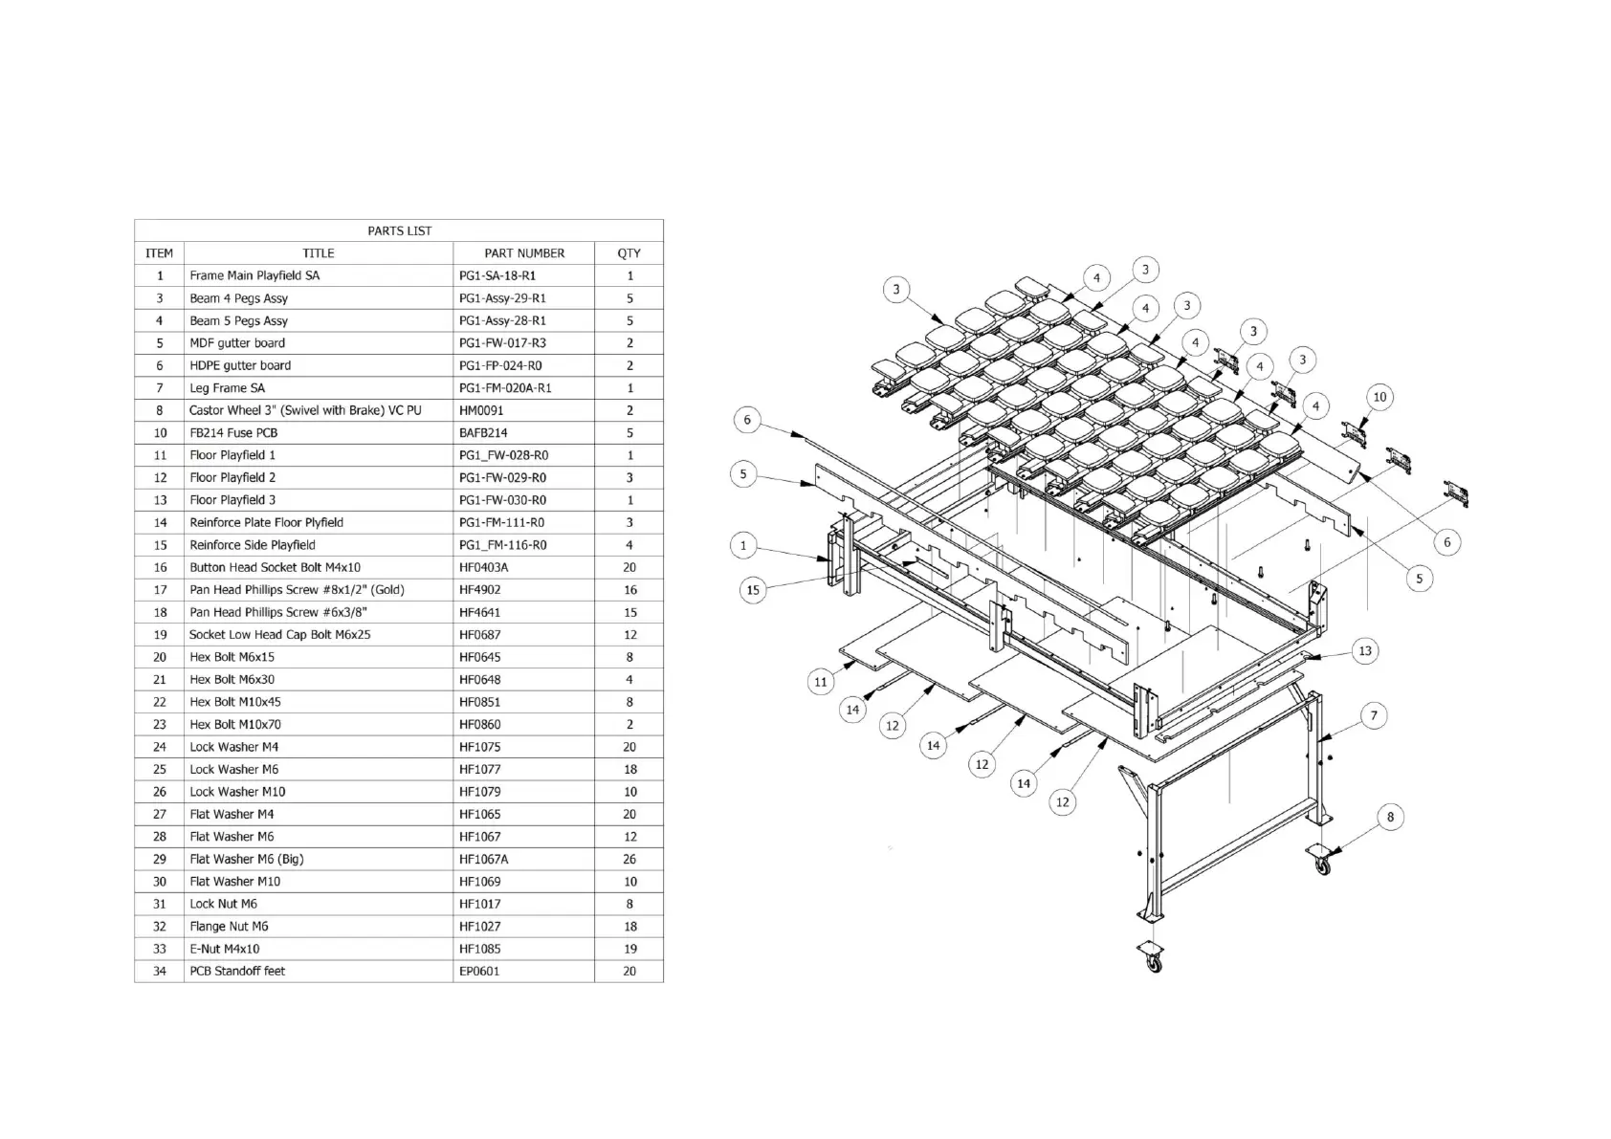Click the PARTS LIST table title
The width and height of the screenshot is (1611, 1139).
point(399,230)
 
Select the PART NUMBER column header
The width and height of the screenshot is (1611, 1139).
point(523,253)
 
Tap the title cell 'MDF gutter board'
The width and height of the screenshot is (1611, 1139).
point(237,343)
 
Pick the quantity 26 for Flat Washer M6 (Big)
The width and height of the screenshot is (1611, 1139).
point(629,859)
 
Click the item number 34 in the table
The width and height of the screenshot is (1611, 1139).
point(159,971)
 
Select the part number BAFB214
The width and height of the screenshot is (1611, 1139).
point(483,432)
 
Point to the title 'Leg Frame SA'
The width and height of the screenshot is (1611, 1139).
point(227,388)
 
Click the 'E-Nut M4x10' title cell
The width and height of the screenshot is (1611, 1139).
point(224,949)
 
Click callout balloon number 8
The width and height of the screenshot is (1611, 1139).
point(1390,817)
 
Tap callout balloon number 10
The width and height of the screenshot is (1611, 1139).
point(1379,397)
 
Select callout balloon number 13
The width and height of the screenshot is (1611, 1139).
point(1365,651)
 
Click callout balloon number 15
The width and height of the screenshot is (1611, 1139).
point(753,590)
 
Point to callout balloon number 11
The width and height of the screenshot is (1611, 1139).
point(820,682)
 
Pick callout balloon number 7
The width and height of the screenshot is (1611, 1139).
point(1374,715)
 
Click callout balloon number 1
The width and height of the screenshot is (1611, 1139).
point(743,546)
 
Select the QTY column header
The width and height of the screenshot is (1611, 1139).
point(629,253)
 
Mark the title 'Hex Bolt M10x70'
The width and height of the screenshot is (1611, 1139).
point(235,724)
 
